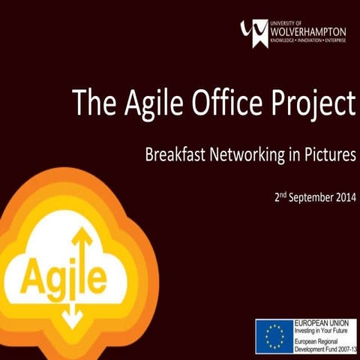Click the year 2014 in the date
coord(343,201)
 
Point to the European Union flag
coord(274,334)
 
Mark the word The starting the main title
coord(95,102)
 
